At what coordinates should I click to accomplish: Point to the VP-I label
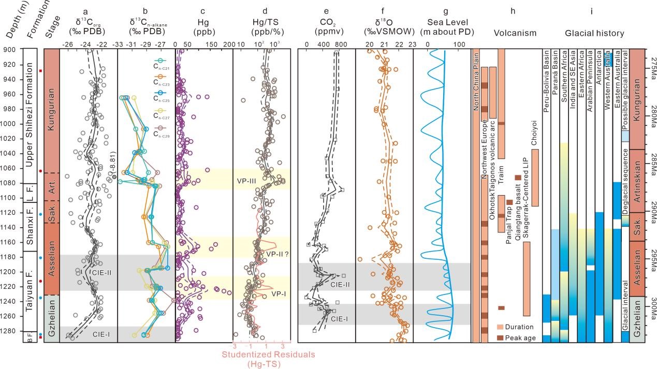(278, 293)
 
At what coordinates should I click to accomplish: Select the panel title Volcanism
(515, 34)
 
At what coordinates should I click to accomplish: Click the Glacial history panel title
(594, 34)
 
